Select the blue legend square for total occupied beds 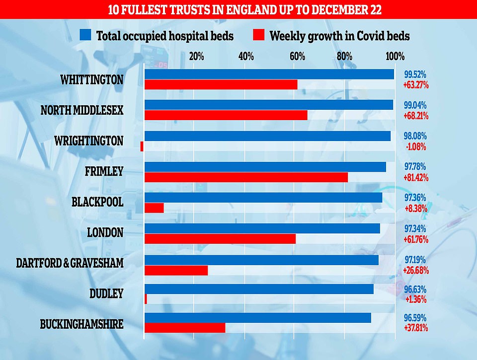[x=85, y=35]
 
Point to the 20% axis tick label [x=197, y=56]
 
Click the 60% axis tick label [x=297, y=56]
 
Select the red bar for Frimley [x=246, y=177]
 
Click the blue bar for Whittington [x=269, y=74]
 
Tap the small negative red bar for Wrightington [x=142, y=146]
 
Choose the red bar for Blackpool [x=154, y=208]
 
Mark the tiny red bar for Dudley [x=146, y=299]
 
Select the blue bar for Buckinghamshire [x=257, y=318]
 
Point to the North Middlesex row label [x=82, y=110]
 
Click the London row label [x=105, y=232]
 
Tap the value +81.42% [x=416, y=178]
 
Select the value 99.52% [x=415, y=74]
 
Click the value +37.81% [x=416, y=328]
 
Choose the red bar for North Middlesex [x=226, y=115]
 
